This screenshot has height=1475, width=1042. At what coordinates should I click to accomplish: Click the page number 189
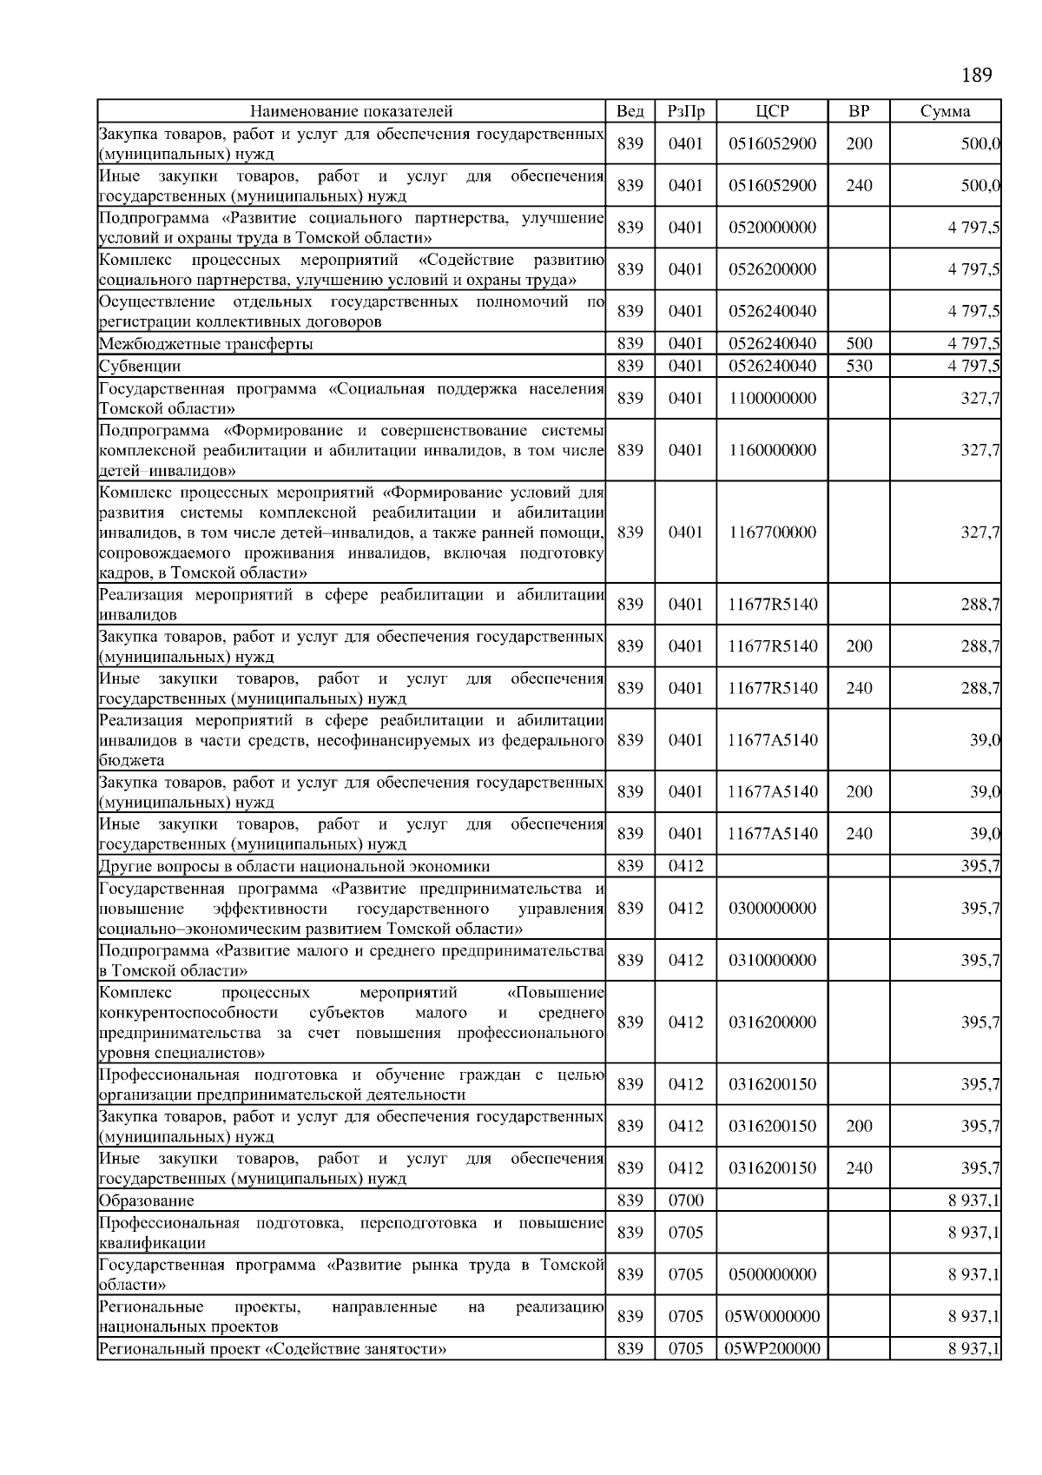point(977,76)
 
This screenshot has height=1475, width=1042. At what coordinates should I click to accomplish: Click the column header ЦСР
point(772,111)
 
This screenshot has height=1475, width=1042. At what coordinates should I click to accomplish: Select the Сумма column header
point(946,111)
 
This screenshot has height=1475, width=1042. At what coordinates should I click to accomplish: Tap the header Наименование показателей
point(352,111)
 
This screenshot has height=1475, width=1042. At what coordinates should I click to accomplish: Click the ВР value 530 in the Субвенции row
point(859,366)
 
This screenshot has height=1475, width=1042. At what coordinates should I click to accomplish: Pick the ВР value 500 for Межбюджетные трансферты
point(859,343)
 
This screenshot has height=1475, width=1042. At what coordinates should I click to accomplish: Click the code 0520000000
point(772,228)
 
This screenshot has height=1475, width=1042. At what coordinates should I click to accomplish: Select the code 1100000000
point(772,398)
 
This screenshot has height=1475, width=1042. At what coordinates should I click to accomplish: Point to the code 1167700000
point(772,532)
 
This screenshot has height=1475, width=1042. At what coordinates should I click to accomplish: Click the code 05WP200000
point(772,1349)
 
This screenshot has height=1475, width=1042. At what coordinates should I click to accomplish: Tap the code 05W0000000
point(772,1317)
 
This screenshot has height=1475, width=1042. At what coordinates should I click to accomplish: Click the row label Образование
point(147,1201)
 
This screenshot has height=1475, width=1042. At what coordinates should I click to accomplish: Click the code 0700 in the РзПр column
point(685,1201)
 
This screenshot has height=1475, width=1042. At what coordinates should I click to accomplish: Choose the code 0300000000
point(772,909)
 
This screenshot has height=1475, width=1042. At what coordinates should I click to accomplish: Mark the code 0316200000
point(772,1022)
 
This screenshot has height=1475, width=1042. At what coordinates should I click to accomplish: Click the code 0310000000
point(772,961)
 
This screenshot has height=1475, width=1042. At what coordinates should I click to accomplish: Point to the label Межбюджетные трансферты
point(206,344)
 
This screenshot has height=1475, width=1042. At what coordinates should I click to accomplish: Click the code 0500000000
point(772,1274)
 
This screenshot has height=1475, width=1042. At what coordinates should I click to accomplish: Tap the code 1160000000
point(772,450)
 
